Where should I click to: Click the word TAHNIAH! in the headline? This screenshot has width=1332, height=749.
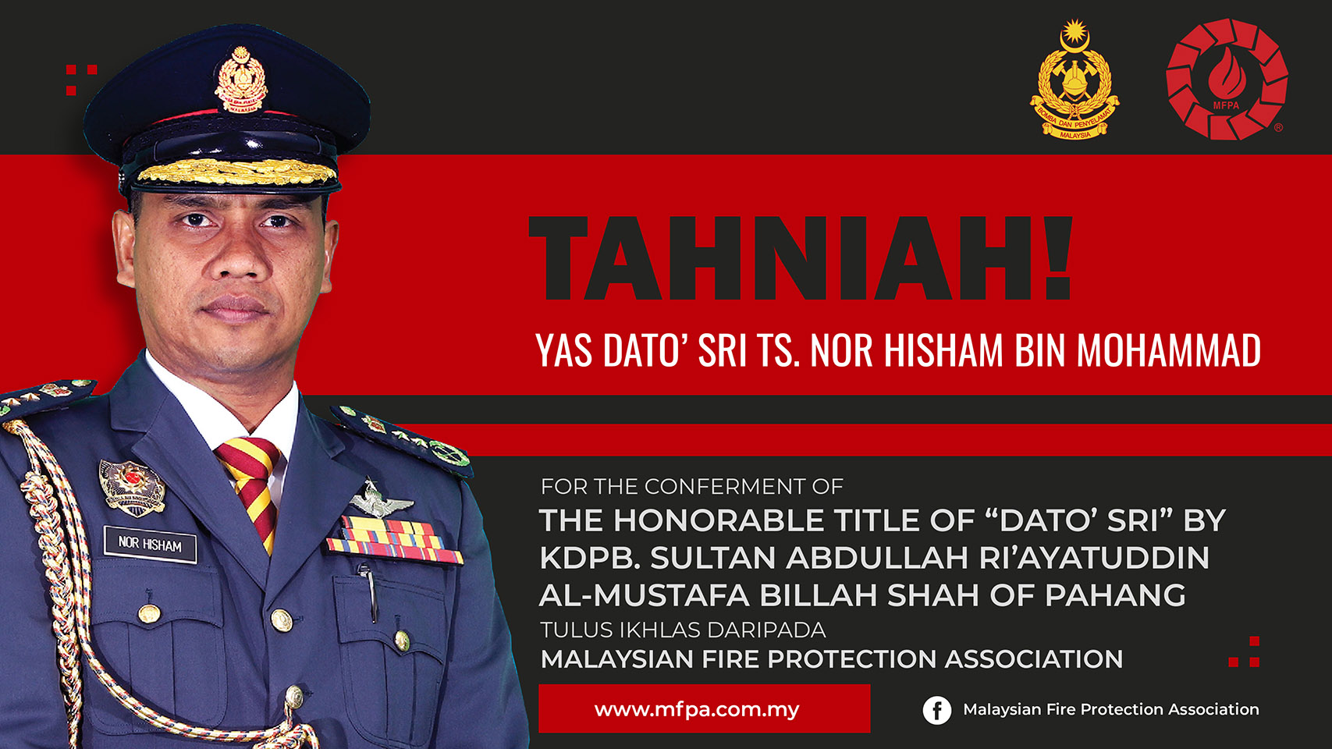(801, 257)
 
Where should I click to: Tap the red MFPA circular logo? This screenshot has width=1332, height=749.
(1226, 79)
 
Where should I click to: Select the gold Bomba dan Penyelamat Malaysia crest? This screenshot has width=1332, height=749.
(1074, 80)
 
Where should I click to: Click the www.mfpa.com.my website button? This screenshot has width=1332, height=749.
(704, 708)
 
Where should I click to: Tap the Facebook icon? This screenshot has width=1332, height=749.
(936, 710)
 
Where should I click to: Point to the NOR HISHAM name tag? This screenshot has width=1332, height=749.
(150, 544)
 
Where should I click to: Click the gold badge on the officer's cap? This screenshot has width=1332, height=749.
(241, 81)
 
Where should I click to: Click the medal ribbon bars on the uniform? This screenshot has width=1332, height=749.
(393, 540)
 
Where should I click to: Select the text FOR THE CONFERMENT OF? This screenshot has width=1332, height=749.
(691, 487)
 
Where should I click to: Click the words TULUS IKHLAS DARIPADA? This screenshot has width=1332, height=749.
(683, 630)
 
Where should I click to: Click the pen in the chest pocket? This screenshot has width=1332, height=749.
(369, 591)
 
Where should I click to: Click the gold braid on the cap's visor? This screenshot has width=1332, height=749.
(238, 172)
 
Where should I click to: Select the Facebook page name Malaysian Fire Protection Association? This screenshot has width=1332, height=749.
(1111, 710)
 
